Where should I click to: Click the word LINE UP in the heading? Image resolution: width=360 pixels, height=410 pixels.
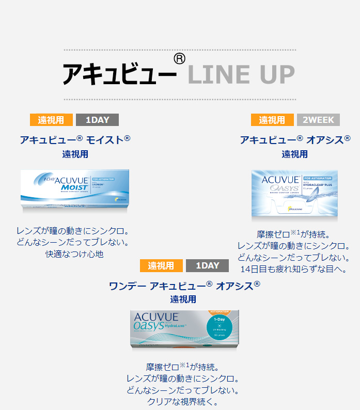(x=241, y=74)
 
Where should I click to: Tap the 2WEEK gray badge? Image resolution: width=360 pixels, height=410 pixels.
(x=318, y=120)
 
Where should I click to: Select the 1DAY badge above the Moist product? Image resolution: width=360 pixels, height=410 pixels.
(x=97, y=120)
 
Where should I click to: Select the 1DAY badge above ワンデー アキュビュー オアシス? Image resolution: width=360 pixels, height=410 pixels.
(x=207, y=265)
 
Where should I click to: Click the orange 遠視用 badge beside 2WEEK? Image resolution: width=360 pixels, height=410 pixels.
(x=272, y=120)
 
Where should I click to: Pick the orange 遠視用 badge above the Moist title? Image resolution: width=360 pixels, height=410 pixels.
(x=51, y=120)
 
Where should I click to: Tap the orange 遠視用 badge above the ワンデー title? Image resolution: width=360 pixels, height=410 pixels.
(x=161, y=265)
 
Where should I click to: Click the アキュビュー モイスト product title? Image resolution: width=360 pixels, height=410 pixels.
(x=75, y=139)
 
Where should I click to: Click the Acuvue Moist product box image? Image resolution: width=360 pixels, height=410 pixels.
(x=75, y=190)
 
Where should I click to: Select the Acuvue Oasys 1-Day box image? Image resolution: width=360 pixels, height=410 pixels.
(x=185, y=328)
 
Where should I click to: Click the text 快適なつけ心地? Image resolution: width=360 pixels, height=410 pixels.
(x=75, y=255)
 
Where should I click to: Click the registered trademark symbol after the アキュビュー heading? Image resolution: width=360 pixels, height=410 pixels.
(x=179, y=58)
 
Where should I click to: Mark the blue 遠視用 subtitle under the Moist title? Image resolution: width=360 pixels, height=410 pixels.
(x=75, y=154)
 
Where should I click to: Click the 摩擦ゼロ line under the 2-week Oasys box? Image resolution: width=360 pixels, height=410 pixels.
(x=293, y=234)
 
